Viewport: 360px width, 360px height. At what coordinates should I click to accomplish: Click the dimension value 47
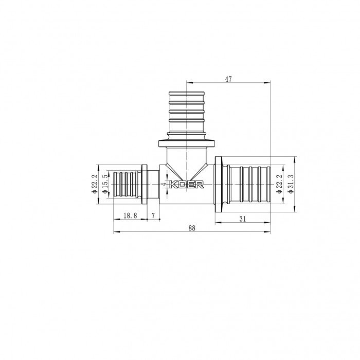[229, 79]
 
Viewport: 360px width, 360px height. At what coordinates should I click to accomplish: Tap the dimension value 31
[242, 218]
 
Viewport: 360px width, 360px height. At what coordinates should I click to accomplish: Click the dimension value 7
[153, 217]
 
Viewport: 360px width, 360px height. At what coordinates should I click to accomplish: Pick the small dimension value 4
[164, 184]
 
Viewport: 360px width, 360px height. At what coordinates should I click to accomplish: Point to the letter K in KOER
[173, 185]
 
